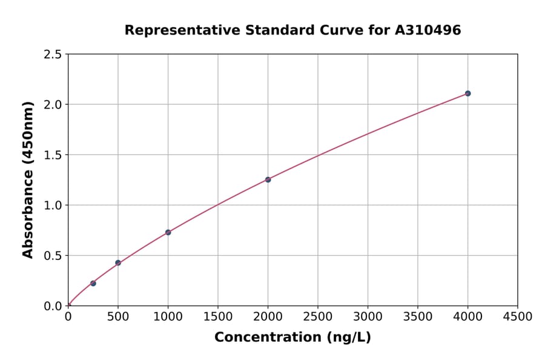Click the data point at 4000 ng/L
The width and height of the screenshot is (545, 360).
(467, 93)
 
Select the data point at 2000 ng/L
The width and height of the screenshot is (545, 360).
(268, 179)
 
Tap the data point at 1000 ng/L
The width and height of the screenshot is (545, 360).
(168, 232)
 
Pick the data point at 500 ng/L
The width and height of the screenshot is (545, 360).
(118, 263)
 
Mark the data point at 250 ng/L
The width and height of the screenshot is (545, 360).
(93, 283)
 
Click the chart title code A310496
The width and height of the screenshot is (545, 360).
(429, 30)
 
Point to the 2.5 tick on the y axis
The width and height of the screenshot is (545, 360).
(53, 55)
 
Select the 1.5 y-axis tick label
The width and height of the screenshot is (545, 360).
(53, 155)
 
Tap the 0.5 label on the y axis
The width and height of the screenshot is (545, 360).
(53, 256)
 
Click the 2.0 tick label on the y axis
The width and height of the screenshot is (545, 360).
(53, 105)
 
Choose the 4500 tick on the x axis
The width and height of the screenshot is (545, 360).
(517, 317)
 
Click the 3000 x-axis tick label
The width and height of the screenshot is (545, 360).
(368, 317)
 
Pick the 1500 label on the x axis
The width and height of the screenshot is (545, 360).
(218, 317)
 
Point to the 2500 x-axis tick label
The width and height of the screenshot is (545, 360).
(317, 317)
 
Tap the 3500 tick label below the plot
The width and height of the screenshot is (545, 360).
(418, 317)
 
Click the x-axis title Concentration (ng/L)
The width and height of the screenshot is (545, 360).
(292, 338)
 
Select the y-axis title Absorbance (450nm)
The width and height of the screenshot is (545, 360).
(28, 180)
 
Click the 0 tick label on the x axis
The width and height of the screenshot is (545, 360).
(68, 317)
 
